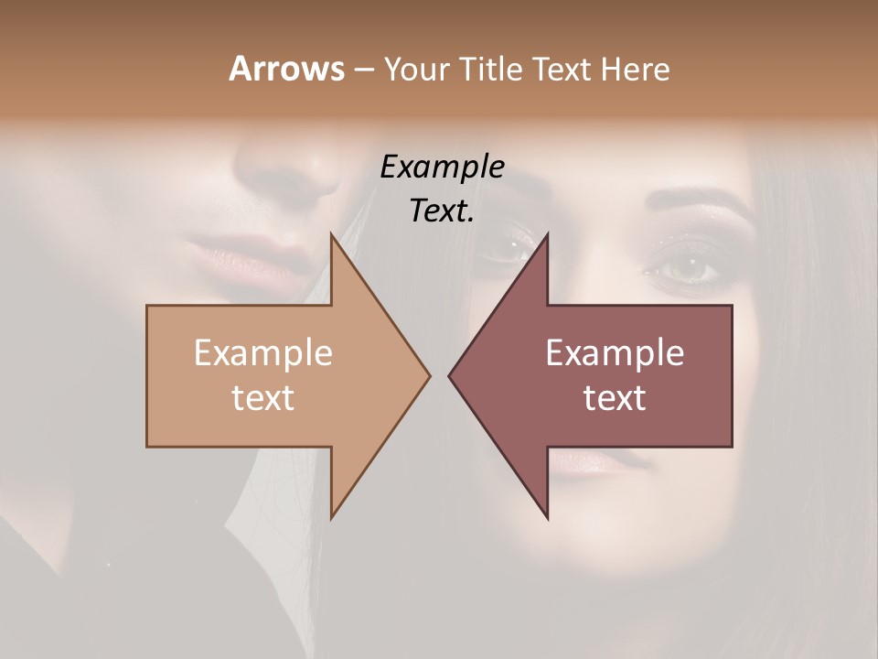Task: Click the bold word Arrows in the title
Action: coord(286,69)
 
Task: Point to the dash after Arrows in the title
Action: coord(363,70)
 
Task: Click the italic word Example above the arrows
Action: coord(443,167)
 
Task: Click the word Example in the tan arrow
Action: coord(263,353)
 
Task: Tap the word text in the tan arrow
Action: coord(263,397)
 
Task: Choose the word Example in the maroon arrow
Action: coord(615,353)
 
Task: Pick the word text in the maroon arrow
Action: coord(615,397)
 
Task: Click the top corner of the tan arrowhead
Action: coord(332,235)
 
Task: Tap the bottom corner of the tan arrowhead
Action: coord(332,517)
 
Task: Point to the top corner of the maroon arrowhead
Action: coord(547,235)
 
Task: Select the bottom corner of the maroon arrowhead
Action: coord(547,517)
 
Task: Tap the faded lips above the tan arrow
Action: coord(243,254)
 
